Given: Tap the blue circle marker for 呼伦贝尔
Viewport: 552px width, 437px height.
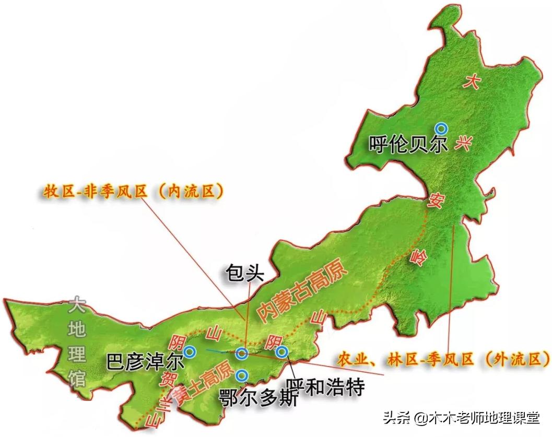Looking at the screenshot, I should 442,127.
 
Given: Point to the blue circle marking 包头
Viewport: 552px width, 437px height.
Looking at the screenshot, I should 242,353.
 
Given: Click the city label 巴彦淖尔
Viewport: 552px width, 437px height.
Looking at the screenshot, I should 145,362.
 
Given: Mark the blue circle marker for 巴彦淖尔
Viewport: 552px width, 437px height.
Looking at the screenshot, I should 189,352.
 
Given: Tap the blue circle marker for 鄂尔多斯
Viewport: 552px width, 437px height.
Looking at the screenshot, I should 241,374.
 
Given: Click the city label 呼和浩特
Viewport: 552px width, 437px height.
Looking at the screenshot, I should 324,387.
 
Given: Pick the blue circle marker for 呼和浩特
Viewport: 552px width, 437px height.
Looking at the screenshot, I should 282,352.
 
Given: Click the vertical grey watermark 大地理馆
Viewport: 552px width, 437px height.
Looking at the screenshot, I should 78,342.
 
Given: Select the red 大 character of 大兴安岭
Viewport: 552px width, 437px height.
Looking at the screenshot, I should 473,82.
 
